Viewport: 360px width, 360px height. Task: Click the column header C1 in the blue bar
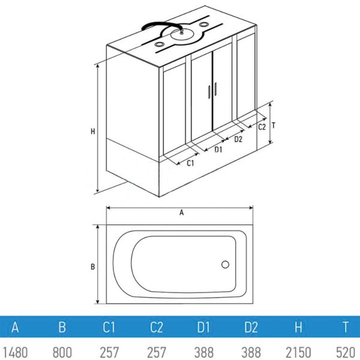109,328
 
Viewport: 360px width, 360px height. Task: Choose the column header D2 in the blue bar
251,328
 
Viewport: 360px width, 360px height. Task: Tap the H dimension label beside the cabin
92,131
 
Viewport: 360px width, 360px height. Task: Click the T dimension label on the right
273,126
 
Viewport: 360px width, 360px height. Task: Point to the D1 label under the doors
218,149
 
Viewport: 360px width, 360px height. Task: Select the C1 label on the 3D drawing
190,163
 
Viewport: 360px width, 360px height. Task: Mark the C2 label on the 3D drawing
262,127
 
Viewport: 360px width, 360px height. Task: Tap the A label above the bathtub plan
180,212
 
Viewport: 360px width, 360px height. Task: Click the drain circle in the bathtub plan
226,264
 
